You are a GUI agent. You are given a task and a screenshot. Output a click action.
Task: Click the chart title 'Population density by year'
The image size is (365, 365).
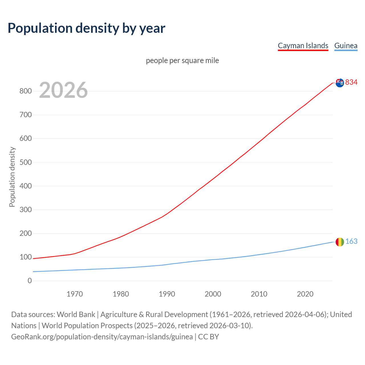click(x=86, y=28)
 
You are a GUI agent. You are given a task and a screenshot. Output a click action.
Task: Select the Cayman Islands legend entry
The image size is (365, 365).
click(x=303, y=46)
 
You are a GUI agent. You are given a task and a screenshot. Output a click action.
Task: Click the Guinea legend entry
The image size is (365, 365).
click(x=346, y=46)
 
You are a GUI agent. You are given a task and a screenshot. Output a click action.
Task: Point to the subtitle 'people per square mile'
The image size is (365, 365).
click(x=182, y=60)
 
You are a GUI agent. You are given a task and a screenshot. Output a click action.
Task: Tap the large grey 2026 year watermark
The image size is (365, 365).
click(x=63, y=90)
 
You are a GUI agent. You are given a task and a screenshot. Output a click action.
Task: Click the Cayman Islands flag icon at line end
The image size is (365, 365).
click(x=340, y=83)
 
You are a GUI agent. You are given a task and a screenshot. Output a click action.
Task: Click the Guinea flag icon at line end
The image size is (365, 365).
click(x=340, y=242)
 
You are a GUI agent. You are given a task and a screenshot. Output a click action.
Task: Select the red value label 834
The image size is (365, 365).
click(x=351, y=82)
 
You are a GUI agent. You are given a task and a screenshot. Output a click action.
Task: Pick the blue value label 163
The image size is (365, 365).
click(x=351, y=242)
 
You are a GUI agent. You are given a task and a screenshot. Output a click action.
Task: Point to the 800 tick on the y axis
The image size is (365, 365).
click(x=25, y=91)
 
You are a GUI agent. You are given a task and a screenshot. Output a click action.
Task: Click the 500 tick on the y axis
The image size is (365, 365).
click(x=25, y=162)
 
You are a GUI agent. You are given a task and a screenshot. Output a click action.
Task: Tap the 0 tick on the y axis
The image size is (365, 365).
click(x=30, y=281)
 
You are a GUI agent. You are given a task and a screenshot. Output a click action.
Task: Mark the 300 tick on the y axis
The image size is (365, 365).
click(x=25, y=210)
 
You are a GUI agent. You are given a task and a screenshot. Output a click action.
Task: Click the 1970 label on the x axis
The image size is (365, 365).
click(x=75, y=294)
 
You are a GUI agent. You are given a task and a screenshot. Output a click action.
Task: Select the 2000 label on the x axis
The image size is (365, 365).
click(x=213, y=294)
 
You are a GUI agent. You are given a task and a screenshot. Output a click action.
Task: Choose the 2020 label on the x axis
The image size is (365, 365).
click(x=305, y=294)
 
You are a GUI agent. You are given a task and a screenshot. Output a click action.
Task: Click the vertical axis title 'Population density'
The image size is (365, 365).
click(x=12, y=177)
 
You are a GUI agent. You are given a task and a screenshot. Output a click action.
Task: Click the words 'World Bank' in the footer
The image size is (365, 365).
click(x=76, y=315)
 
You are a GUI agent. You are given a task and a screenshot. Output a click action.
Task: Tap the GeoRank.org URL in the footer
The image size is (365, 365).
click(x=102, y=337)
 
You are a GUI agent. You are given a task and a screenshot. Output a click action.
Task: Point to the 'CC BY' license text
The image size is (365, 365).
click(x=208, y=337)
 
